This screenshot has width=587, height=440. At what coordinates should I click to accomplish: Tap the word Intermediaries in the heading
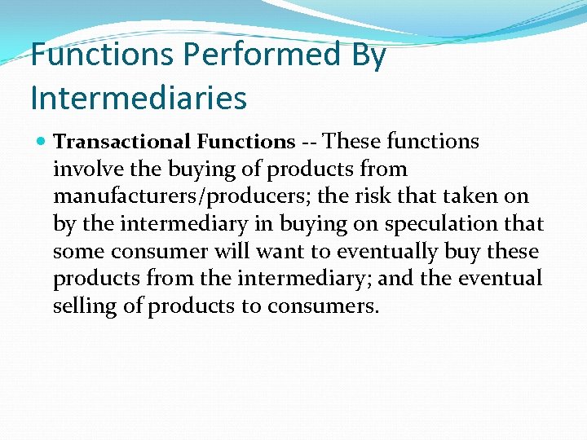[138, 98]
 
